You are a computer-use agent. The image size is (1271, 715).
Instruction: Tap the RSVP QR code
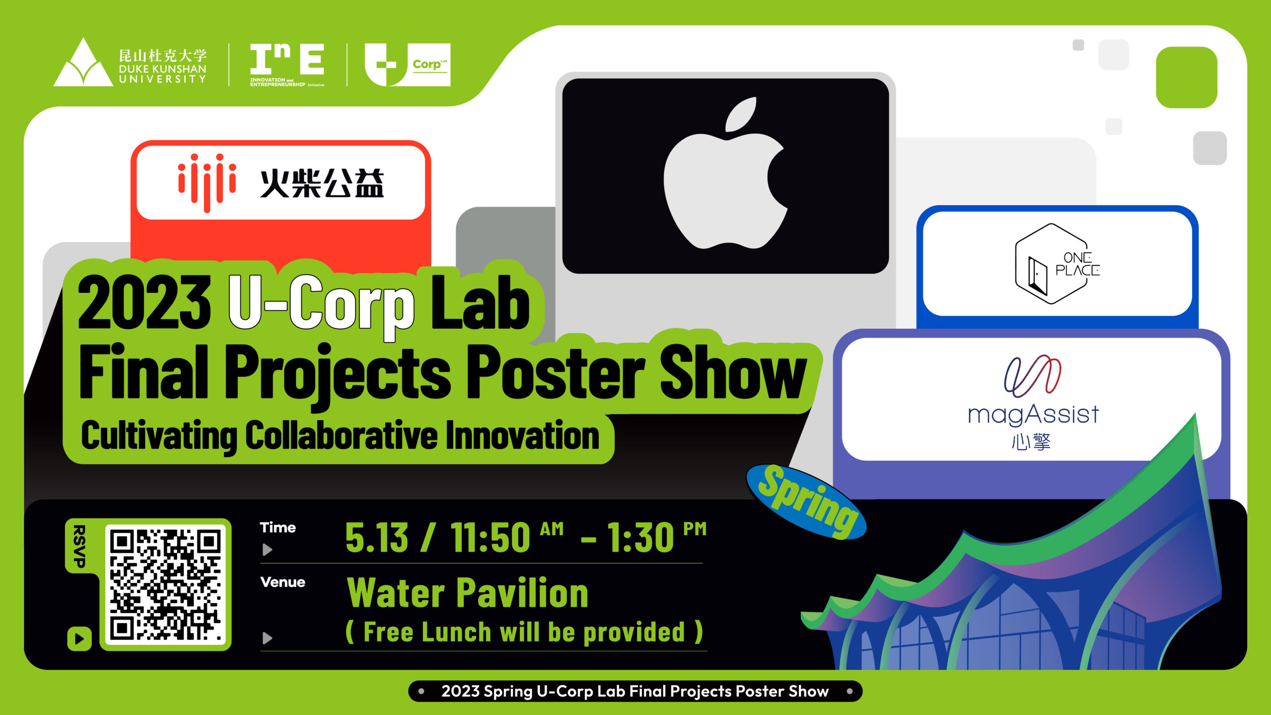point(166,584)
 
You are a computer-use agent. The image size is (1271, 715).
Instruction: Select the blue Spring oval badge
point(807,501)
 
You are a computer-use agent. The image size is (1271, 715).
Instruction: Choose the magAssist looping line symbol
point(1033,376)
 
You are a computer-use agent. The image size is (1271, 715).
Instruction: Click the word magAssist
point(1033,414)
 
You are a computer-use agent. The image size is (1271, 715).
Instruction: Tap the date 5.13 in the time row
point(376,537)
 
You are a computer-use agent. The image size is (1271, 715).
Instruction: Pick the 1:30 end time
point(640,537)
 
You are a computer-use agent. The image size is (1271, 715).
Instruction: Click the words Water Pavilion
point(467,593)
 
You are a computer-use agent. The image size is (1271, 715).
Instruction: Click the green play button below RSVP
point(79,639)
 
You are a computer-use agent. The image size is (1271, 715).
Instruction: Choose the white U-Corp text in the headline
point(321,303)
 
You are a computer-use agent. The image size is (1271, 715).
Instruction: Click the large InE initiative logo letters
point(287,59)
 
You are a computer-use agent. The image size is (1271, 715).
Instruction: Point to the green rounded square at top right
point(1187,77)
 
